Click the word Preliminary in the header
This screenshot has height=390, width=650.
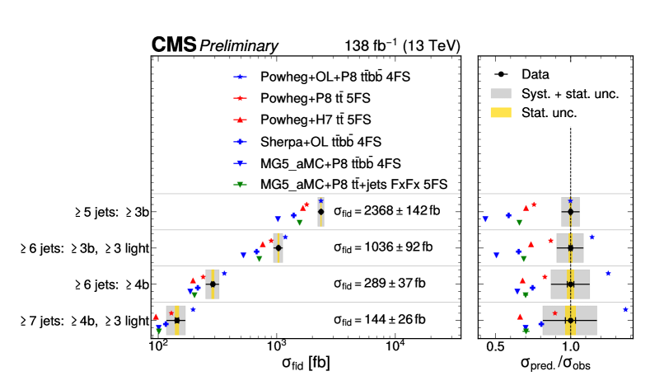231,46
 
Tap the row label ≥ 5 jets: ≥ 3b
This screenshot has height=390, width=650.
110,212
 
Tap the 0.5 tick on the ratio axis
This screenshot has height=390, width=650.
495,346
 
